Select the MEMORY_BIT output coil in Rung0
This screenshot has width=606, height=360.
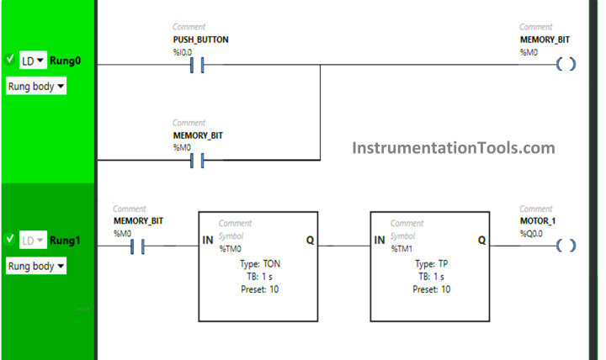[x=566, y=65]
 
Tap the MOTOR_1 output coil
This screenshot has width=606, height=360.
[x=566, y=246]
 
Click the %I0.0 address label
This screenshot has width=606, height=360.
[x=183, y=51]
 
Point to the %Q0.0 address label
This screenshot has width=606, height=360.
[x=533, y=233]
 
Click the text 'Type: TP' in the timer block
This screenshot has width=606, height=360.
[x=430, y=263]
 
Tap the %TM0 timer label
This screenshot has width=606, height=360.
[x=230, y=249]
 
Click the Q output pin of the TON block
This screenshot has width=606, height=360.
[x=310, y=241]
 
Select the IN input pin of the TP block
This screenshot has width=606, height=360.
[x=380, y=241]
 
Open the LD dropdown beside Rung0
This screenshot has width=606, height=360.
[x=33, y=61]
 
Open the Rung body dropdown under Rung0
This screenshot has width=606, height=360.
[x=35, y=86]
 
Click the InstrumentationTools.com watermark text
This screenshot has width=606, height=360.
[x=453, y=148]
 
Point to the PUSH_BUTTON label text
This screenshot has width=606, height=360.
[x=200, y=40]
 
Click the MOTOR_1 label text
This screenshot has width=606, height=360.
[x=538, y=221]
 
